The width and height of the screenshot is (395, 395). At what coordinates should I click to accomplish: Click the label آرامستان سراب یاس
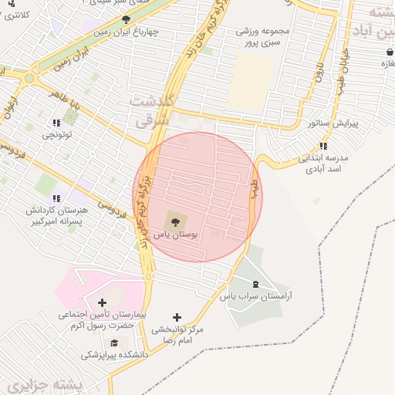(257, 296)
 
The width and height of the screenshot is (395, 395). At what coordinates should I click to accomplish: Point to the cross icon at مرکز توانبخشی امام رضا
(177, 317)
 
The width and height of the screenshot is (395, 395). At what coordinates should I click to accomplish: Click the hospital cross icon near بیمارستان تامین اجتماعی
(102, 302)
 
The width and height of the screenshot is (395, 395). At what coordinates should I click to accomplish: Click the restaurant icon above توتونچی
(56, 123)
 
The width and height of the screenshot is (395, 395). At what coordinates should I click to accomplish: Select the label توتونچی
(56, 135)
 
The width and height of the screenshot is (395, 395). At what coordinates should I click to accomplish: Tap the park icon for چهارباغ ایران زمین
(126, 20)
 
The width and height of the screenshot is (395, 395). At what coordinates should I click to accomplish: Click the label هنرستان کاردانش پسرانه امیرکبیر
(57, 215)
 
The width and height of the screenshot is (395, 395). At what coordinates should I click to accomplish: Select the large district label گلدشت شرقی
(157, 111)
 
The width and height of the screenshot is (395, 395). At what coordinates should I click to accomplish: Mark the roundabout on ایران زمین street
(30, 78)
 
